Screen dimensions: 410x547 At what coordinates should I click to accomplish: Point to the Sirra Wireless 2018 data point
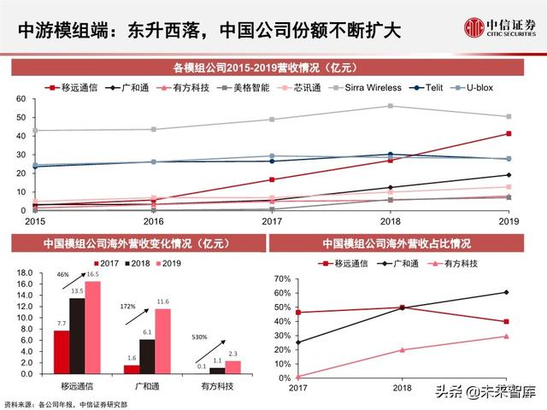(x=391, y=106)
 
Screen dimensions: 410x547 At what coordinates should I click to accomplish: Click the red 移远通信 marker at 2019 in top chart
(x=509, y=133)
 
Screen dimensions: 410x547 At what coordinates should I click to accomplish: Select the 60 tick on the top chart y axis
(x=20, y=99)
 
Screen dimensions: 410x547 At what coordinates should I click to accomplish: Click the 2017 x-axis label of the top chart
(x=271, y=220)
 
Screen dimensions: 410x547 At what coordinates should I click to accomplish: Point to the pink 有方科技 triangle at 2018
(x=402, y=349)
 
